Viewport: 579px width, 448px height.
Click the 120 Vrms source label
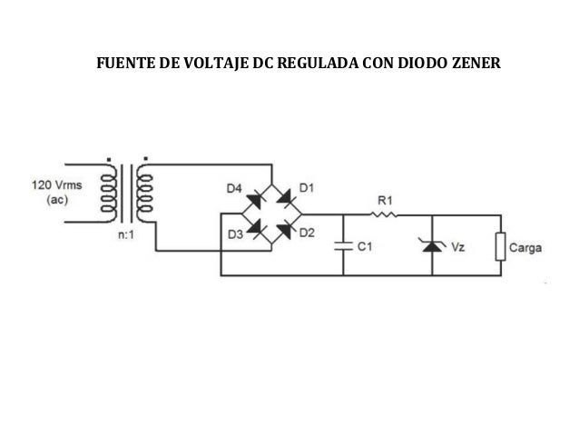pyautogui.click(x=56, y=183)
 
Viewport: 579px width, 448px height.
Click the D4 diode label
pyautogui.click(x=233, y=188)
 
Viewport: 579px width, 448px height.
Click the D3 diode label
pyautogui.click(x=234, y=234)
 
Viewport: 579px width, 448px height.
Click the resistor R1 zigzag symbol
pyautogui.click(x=383, y=215)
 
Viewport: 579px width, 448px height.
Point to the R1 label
pyautogui.click(x=384, y=199)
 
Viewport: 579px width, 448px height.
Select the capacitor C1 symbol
pyautogui.click(x=343, y=244)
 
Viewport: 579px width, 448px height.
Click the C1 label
pyautogui.click(x=365, y=245)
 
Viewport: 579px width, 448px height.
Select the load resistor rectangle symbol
pyautogui.click(x=498, y=246)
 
